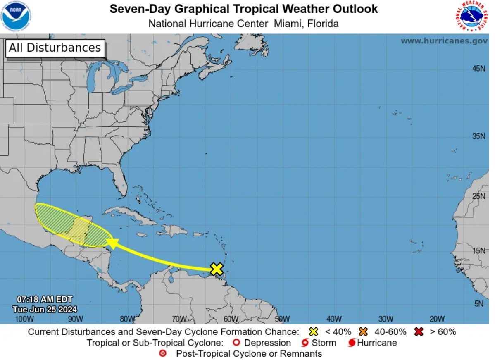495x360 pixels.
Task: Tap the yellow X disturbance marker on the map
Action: [x=217, y=269]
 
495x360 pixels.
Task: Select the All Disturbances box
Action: [x=55, y=48]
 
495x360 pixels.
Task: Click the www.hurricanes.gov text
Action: [x=444, y=41]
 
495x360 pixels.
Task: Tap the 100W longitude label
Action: [x=24, y=319]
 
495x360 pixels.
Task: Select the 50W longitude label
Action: [x=282, y=319]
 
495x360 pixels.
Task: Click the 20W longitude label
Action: [x=437, y=319]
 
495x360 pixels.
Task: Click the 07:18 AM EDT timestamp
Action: [x=45, y=299]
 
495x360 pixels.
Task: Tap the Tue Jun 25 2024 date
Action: [x=45, y=309]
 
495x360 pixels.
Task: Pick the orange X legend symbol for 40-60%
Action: [x=364, y=332]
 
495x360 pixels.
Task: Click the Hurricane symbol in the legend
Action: [x=352, y=343]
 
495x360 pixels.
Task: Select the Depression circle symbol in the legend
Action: [x=237, y=343]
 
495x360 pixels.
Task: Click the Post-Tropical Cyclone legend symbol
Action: [x=163, y=353]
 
